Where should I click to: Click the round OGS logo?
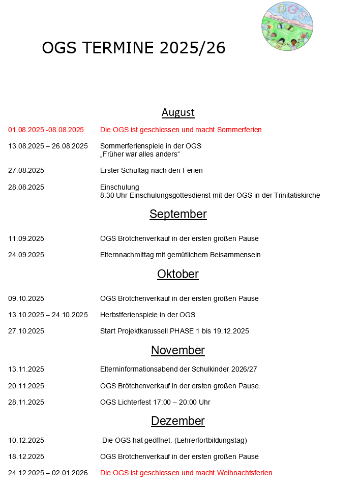[x=287, y=26]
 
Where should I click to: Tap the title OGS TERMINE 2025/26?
[x=134, y=48]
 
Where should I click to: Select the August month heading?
[x=178, y=112]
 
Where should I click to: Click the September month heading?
[x=178, y=214]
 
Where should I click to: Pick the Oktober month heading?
[x=178, y=274]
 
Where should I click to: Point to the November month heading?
[x=178, y=350]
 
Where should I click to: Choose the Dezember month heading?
[x=178, y=421]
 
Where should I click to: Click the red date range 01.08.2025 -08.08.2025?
[x=46, y=130]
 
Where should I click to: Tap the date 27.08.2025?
[x=26, y=170]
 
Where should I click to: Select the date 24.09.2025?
[x=26, y=255]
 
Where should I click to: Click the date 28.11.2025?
[x=26, y=402]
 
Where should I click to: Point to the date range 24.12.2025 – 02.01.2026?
[x=48, y=473]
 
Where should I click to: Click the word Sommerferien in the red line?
[x=239, y=130]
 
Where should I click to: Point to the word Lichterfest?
[x=134, y=402]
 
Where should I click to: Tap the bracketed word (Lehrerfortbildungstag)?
[x=211, y=440]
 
